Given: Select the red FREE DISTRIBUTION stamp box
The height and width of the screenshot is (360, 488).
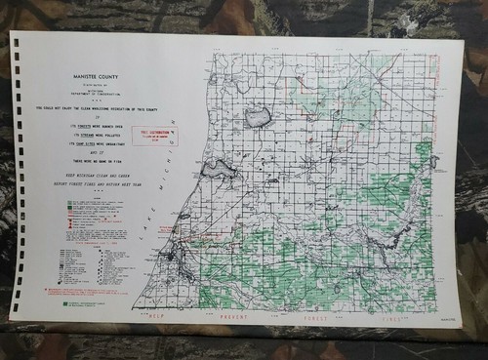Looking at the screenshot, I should tap(163, 137).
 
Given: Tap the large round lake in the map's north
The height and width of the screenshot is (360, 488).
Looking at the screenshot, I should tap(258, 117).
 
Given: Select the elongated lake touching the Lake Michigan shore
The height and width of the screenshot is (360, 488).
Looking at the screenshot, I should tap(217, 172).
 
